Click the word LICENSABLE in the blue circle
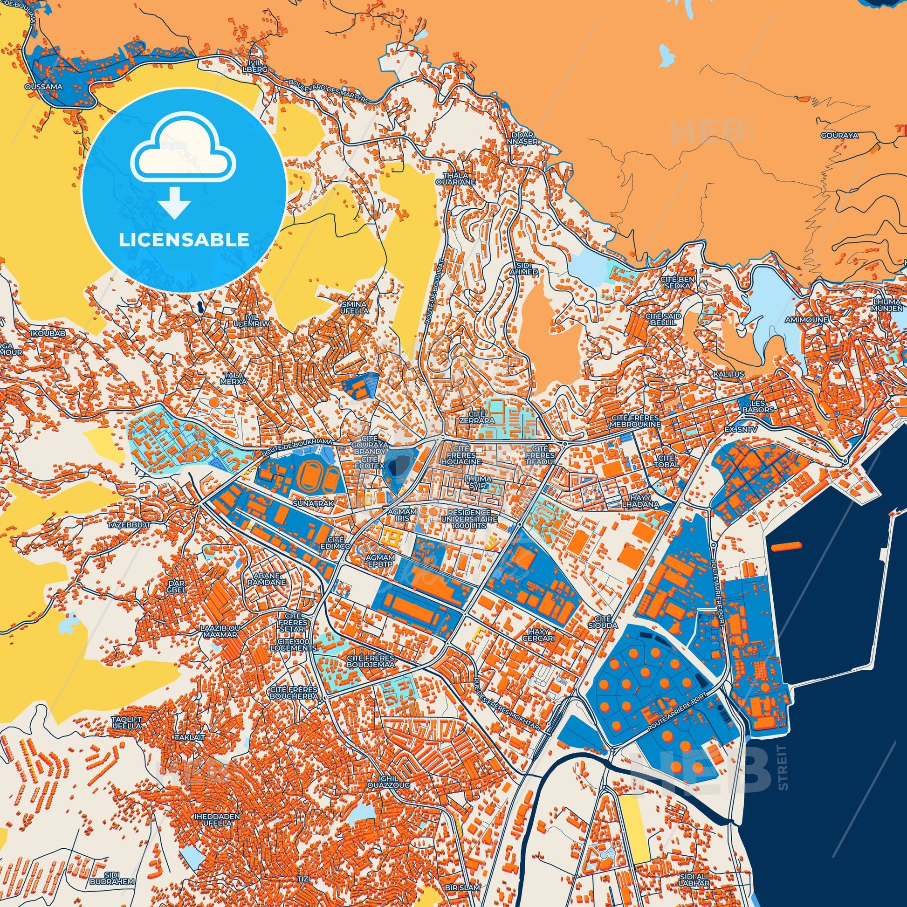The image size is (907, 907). click(x=184, y=240)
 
